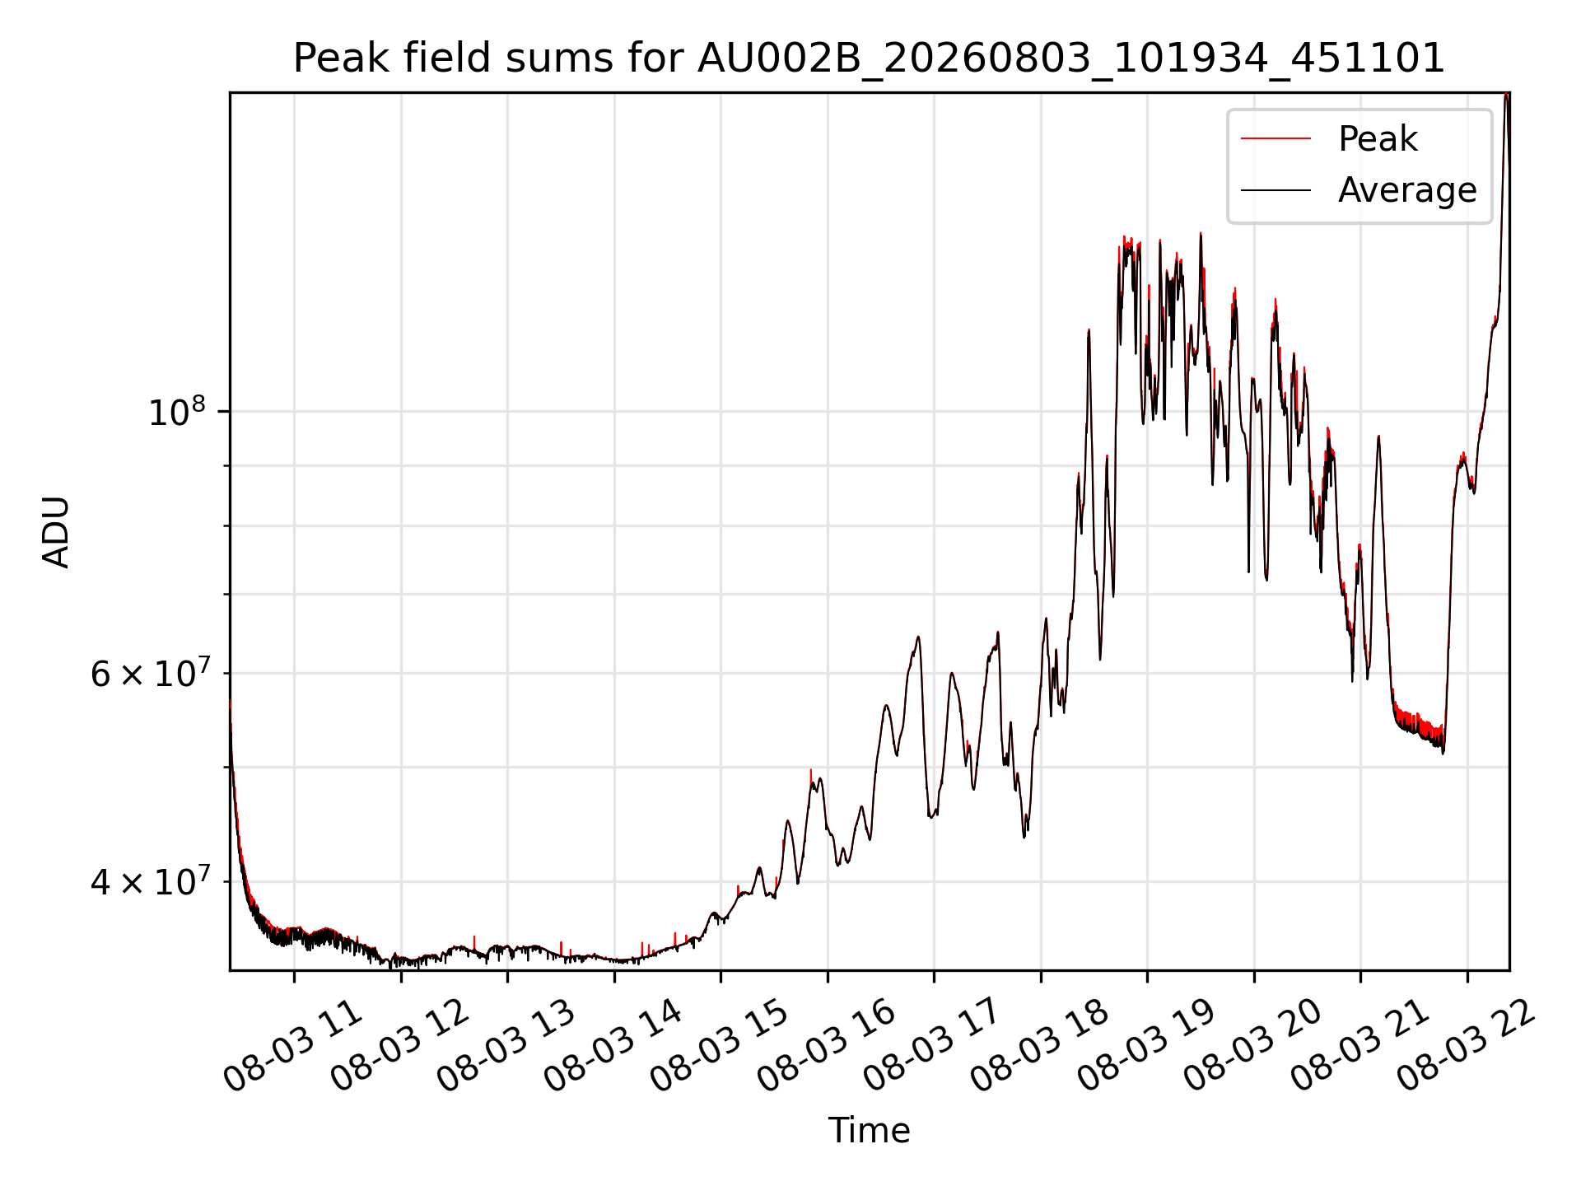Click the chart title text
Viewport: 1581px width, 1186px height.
(x=869, y=58)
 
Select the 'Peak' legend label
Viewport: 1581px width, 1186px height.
(x=1378, y=139)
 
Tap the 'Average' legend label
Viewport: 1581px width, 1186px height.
(x=1407, y=190)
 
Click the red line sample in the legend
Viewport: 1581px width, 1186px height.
(x=1276, y=139)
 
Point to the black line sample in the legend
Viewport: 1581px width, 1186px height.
(x=1276, y=190)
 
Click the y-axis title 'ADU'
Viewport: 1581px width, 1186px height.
(x=56, y=531)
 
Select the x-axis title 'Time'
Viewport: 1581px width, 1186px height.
(x=869, y=1130)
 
